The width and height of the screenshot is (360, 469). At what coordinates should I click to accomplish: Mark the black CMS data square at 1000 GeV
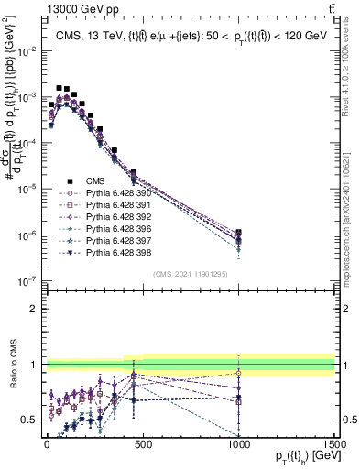[238, 233]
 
